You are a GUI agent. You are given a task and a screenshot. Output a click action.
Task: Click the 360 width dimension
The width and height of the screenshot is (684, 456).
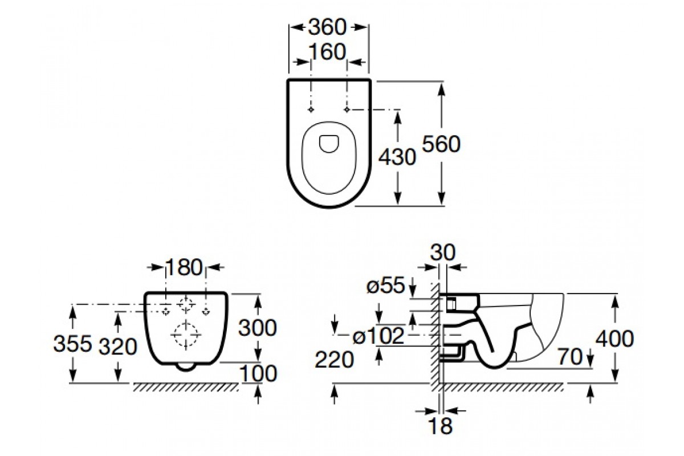pyautogui.click(x=327, y=27)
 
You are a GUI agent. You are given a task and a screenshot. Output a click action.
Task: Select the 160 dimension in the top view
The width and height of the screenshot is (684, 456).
pyautogui.click(x=327, y=52)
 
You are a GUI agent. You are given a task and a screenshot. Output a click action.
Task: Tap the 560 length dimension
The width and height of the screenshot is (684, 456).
pyautogui.click(x=441, y=144)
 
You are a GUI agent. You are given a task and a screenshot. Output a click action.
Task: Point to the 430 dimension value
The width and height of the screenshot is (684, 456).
pyautogui.click(x=397, y=157)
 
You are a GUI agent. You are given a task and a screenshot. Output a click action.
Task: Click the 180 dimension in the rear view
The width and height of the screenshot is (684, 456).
pyautogui.click(x=184, y=267)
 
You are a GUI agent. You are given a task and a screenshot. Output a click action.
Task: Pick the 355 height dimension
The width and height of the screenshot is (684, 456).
pyautogui.click(x=73, y=343)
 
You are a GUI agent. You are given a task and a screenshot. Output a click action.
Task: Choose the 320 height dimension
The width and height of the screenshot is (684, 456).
pyautogui.click(x=118, y=347)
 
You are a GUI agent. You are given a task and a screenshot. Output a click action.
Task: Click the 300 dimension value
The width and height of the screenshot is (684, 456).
pyautogui.click(x=258, y=328)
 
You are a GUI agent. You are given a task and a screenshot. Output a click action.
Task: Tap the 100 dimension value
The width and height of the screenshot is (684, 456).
pyautogui.click(x=259, y=373)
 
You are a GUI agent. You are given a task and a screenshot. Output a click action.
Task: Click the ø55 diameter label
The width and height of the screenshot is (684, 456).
pyautogui.click(x=386, y=286)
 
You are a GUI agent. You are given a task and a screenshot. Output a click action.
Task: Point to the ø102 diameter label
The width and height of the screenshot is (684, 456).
pyautogui.click(x=378, y=336)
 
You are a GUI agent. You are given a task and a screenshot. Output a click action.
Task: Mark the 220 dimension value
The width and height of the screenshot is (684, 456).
pyautogui.click(x=334, y=360)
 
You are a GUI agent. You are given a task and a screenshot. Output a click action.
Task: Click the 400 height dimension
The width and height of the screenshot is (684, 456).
pyautogui.click(x=614, y=339)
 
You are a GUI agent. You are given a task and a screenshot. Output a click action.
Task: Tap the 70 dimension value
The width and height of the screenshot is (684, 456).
pyautogui.click(x=571, y=357)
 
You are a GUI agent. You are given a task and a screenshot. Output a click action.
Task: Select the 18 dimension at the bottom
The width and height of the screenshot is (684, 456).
pyautogui.click(x=441, y=426)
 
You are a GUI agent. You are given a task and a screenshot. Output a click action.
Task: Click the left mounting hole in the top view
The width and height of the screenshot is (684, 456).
pyautogui.click(x=311, y=109)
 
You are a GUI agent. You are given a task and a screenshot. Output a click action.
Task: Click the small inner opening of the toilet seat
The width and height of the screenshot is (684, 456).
pyautogui.click(x=329, y=144)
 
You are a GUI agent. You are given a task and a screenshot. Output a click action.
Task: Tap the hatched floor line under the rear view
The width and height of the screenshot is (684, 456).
pyautogui.click(x=186, y=387)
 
